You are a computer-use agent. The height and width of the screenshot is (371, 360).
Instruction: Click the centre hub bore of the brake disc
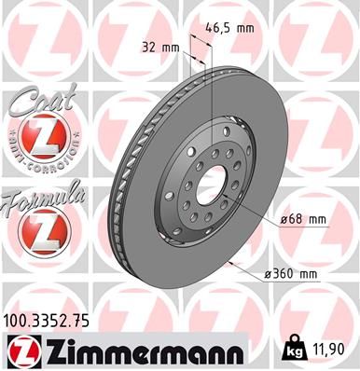coord(211,183)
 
